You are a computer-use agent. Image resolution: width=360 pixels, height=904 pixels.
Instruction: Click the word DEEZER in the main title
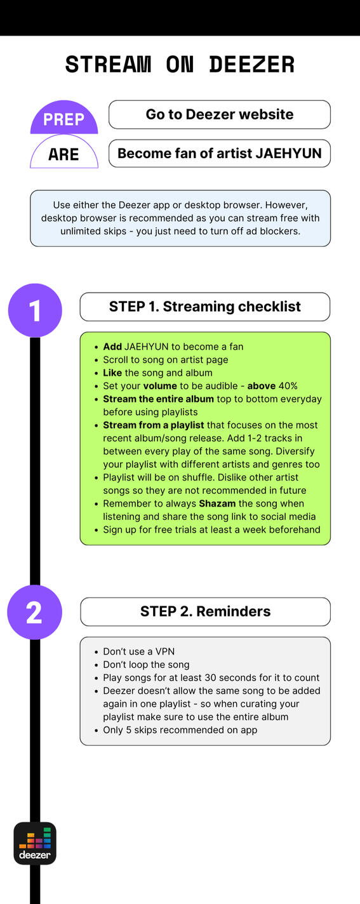pos(252,65)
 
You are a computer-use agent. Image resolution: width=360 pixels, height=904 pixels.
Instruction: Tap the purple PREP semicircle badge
pos(64,117)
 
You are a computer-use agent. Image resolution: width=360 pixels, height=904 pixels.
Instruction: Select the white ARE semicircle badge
pos(64,152)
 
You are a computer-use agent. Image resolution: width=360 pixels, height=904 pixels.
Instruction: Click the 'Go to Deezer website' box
pos(220,115)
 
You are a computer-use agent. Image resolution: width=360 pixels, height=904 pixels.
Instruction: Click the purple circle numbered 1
pos(35,310)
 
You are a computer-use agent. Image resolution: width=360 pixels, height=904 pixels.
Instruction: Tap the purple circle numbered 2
pos(35,612)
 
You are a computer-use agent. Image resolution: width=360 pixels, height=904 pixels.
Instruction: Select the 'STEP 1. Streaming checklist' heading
pos(205,307)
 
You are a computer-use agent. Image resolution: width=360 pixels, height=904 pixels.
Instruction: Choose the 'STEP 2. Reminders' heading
pos(206,612)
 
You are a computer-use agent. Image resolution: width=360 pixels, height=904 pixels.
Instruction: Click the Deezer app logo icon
pos(35,844)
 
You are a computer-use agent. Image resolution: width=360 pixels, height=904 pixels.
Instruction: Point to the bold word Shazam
pos(217,503)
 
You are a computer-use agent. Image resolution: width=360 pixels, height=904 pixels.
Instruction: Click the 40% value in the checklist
pos(288,386)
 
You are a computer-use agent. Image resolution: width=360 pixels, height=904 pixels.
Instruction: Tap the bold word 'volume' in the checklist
pos(160,386)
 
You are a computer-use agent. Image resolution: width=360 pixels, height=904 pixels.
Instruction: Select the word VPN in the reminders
pos(165,651)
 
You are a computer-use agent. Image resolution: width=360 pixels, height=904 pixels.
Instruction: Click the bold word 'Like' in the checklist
pos(112,373)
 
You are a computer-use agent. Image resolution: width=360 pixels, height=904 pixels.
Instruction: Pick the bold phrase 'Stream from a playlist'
pos(154,425)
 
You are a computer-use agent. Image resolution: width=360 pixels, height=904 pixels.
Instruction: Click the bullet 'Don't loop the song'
pos(146,665)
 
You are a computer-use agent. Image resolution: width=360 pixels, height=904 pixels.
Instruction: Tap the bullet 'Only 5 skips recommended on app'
pos(180,730)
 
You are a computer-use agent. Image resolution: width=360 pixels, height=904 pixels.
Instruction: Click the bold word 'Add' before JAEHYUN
pos(112,347)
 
